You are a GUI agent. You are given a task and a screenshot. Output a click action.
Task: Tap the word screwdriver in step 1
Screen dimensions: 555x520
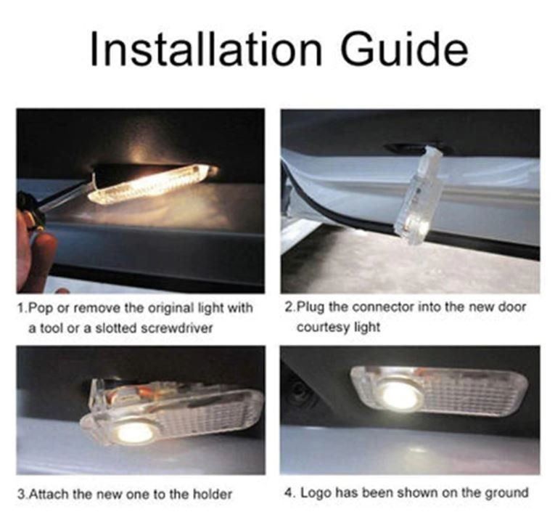(176, 328)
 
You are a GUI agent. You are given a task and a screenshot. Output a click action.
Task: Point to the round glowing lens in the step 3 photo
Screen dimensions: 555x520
(134, 432)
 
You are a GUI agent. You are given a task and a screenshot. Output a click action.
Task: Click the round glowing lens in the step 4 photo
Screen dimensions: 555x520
(400, 395)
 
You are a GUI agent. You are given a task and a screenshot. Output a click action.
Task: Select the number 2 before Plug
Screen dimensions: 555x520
(289, 306)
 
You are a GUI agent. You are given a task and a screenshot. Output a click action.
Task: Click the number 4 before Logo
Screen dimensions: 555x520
(288, 492)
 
